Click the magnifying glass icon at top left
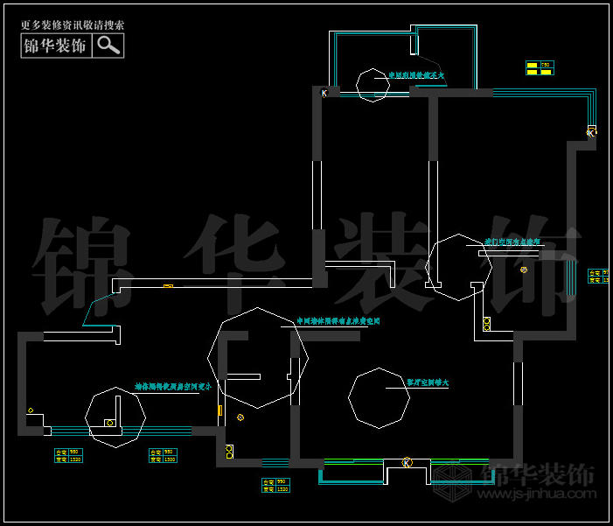pos(108,46)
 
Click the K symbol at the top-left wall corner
pos(324,93)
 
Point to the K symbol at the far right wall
pos(591,132)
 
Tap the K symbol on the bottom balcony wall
pos(407,462)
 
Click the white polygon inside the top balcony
pos(372,84)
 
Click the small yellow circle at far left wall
pos(31,410)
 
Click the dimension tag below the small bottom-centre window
pos(275,485)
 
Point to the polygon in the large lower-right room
pos(378,398)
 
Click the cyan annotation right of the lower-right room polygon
pos(428,382)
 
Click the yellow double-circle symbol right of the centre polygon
pos(524,270)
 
